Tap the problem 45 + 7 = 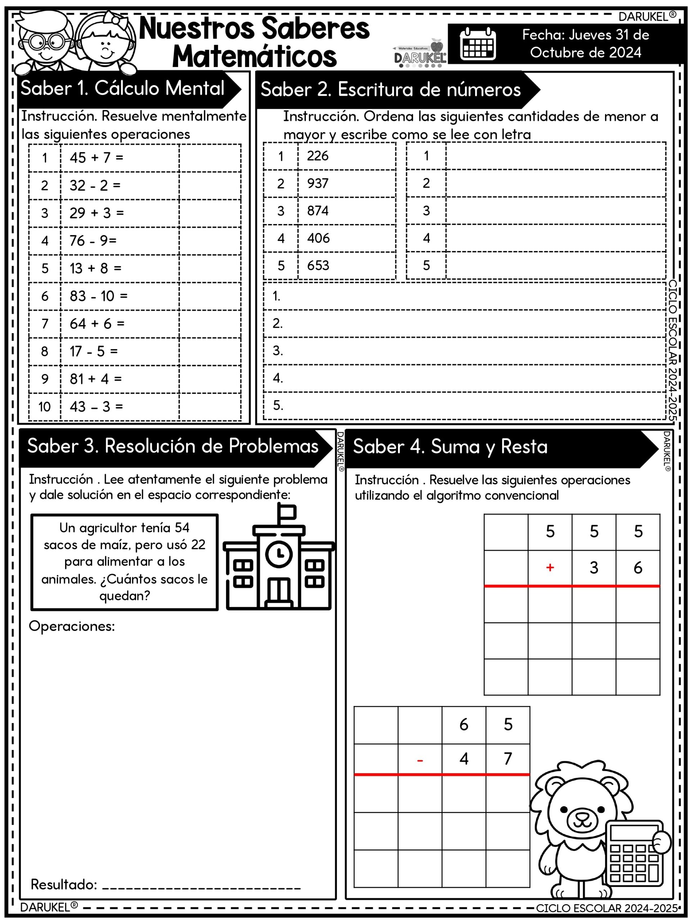[x=96, y=157]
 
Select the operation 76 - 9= [x=93, y=241]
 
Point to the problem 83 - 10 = [x=98, y=296]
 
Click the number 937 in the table [x=317, y=183]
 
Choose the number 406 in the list [x=318, y=238]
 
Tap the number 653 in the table [x=318, y=265]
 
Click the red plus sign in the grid [x=550, y=567]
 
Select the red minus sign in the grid [x=420, y=761]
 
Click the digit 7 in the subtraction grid [x=508, y=758]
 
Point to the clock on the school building [x=279, y=554]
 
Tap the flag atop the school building [x=288, y=512]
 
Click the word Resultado [x=63, y=885]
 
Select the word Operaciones [x=72, y=626]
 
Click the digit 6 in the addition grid [x=638, y=568]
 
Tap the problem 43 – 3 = [x=96, y=406]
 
